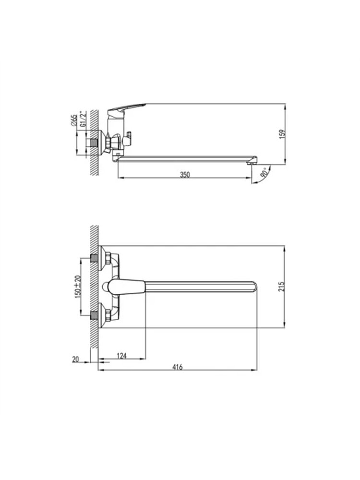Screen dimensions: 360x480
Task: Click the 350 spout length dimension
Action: [185, 175]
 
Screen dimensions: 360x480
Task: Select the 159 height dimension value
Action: [282, 133]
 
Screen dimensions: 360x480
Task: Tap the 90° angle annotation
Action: [264, 173]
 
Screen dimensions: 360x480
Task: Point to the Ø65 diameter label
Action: [73, 120]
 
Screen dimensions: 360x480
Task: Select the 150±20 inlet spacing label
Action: [78, 287]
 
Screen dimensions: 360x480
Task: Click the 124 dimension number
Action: [122, 356]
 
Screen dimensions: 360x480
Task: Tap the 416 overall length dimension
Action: [177, 367]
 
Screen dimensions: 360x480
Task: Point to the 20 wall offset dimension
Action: [75, 360]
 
